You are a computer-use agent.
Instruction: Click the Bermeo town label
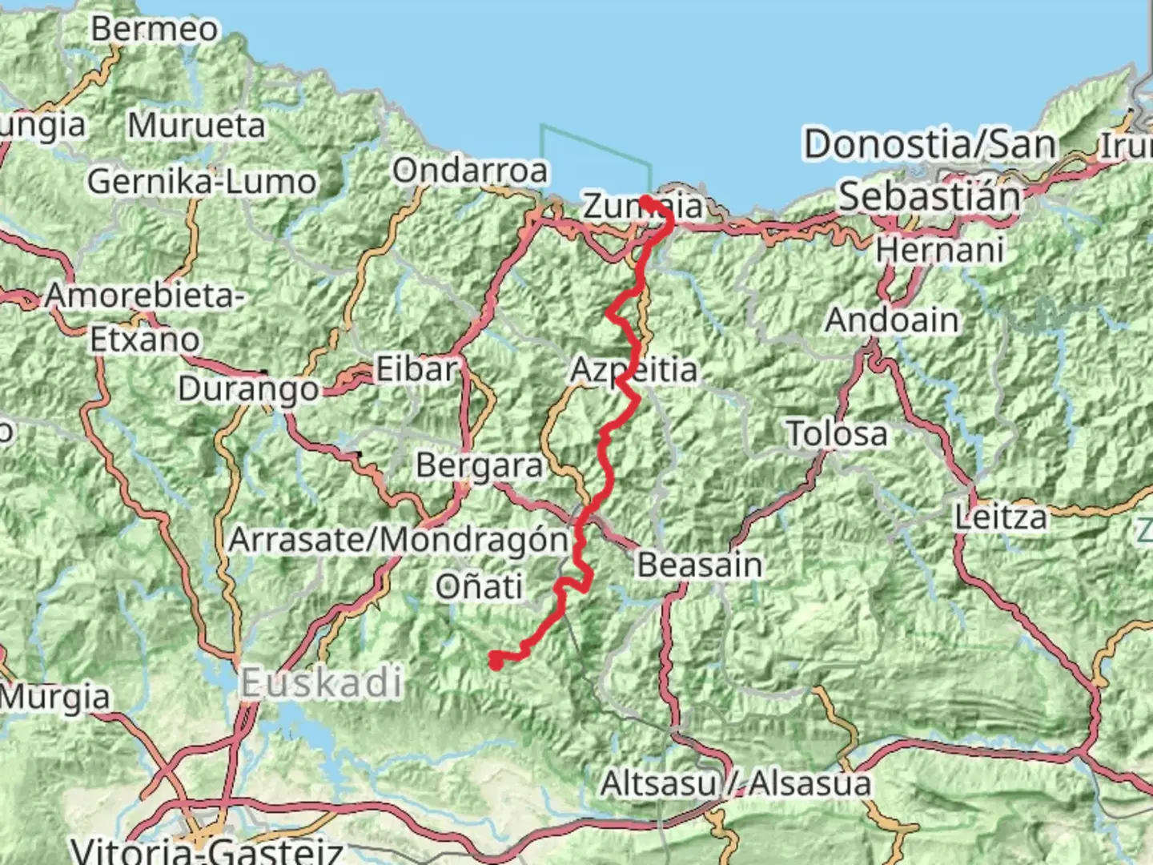(x=154, y=30)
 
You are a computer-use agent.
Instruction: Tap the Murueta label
(x=196, y=126)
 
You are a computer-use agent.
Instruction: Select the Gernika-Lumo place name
(x=202, y=182)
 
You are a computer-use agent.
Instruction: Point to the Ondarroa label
(x=470, y=171)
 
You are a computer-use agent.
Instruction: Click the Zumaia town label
(x=643, y=207)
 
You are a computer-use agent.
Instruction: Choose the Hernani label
(x=939, y=251)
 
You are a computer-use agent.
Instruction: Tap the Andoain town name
(x=891, y=320)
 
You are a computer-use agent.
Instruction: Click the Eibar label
(x=416, y=370)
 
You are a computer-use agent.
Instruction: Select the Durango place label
(x=248, y=390)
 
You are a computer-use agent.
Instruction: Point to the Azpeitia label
(x=633, y=371)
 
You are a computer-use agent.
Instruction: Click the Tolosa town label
(x=838, y=434)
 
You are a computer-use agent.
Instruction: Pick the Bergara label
(x=479, y=466)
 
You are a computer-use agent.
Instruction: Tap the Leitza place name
(x=1001, y=517)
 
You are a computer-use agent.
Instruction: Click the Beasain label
(x=699, y=565)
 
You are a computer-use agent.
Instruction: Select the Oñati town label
(x=479, y=587)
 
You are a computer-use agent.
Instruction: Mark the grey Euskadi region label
(x=321, y=683)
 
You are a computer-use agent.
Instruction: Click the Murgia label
(x=54, y=697)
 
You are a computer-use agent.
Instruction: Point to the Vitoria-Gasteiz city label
(x=207, y=849)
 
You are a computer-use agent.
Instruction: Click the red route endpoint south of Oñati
(x=496, y=661)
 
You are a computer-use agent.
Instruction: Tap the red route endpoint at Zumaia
(x=645, y=201)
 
